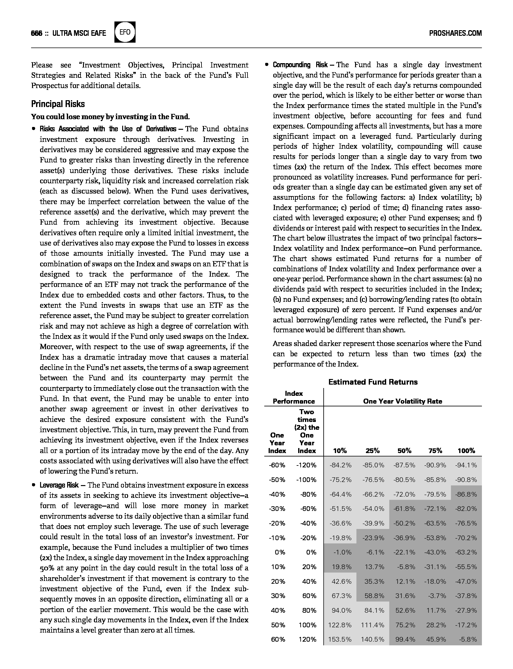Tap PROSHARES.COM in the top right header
click(455, 33)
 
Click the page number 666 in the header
click(37, 33)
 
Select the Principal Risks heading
click(58, 104)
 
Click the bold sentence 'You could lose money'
click(110, 117)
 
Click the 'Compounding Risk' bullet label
click(300, 65)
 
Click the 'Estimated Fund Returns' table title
click(373, 382)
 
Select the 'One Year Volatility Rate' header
click(402, 401)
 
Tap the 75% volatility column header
click(435, 451)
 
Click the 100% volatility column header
click(466, 451)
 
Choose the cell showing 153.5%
click(340, 639)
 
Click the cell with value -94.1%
click(466, 465)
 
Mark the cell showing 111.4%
click(372, 625)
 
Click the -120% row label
click(306, 465)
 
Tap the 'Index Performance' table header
click(294, 397)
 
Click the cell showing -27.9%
click(466, 610)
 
